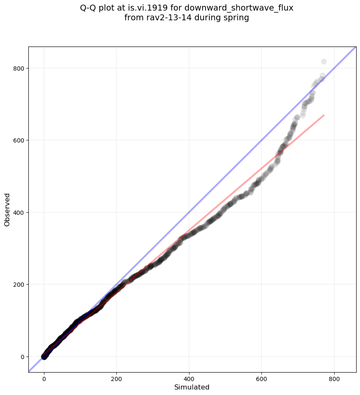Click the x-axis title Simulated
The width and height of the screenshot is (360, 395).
coord(192,387)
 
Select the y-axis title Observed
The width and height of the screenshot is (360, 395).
coord(7,209)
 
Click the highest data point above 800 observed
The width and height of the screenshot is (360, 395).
coord(324,62)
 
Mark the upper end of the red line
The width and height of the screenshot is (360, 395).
coord(324,115)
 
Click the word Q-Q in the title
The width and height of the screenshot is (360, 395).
coord(88,8)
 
